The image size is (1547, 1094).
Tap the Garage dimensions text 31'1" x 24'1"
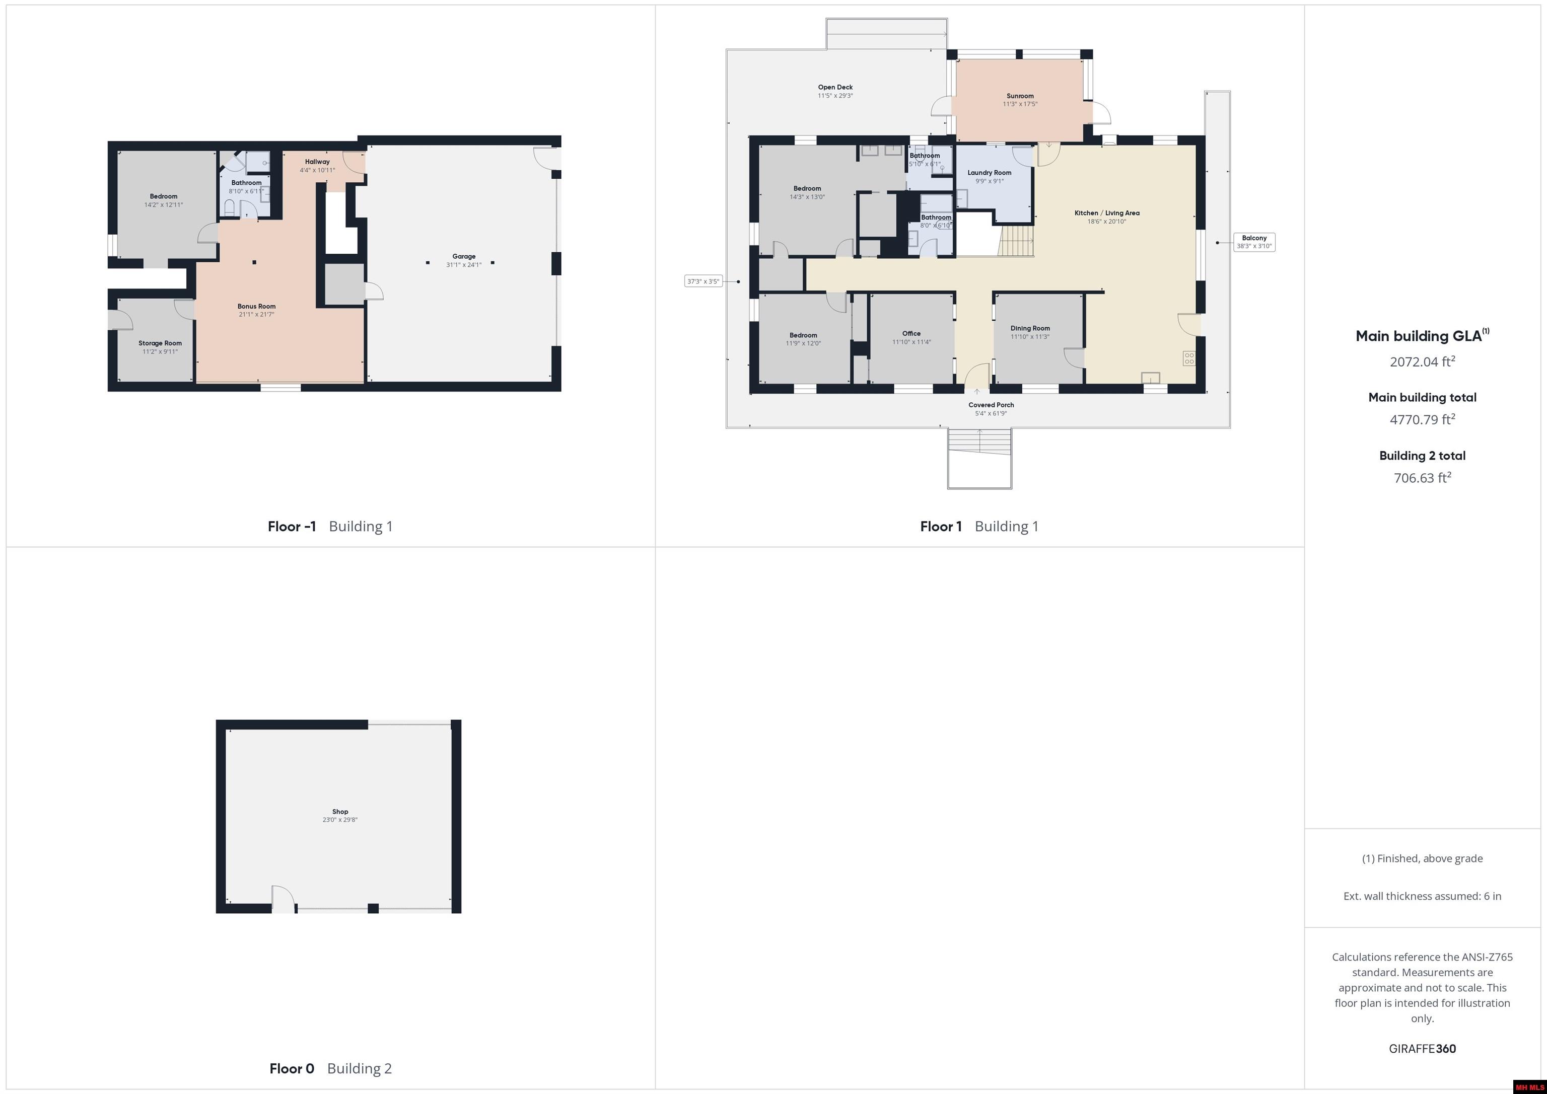point(464,265)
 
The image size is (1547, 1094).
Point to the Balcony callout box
point(1254,242)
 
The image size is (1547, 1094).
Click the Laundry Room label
point(989,173)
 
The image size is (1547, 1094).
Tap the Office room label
point(911,333)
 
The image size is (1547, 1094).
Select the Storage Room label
point(160,343)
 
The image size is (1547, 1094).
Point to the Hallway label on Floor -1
point(317,162)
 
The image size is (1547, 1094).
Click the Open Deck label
point(835,87)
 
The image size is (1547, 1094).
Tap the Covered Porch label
point(991,405)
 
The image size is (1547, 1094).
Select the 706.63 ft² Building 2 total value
point(1422,478)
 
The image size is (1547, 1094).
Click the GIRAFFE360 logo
point(1422,1049)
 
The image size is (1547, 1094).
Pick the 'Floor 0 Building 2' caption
point(330,1068)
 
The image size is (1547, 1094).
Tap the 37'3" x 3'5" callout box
point(704,281)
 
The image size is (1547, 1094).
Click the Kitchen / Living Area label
point(1106,213)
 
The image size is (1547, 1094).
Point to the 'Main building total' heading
point(1422,397)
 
